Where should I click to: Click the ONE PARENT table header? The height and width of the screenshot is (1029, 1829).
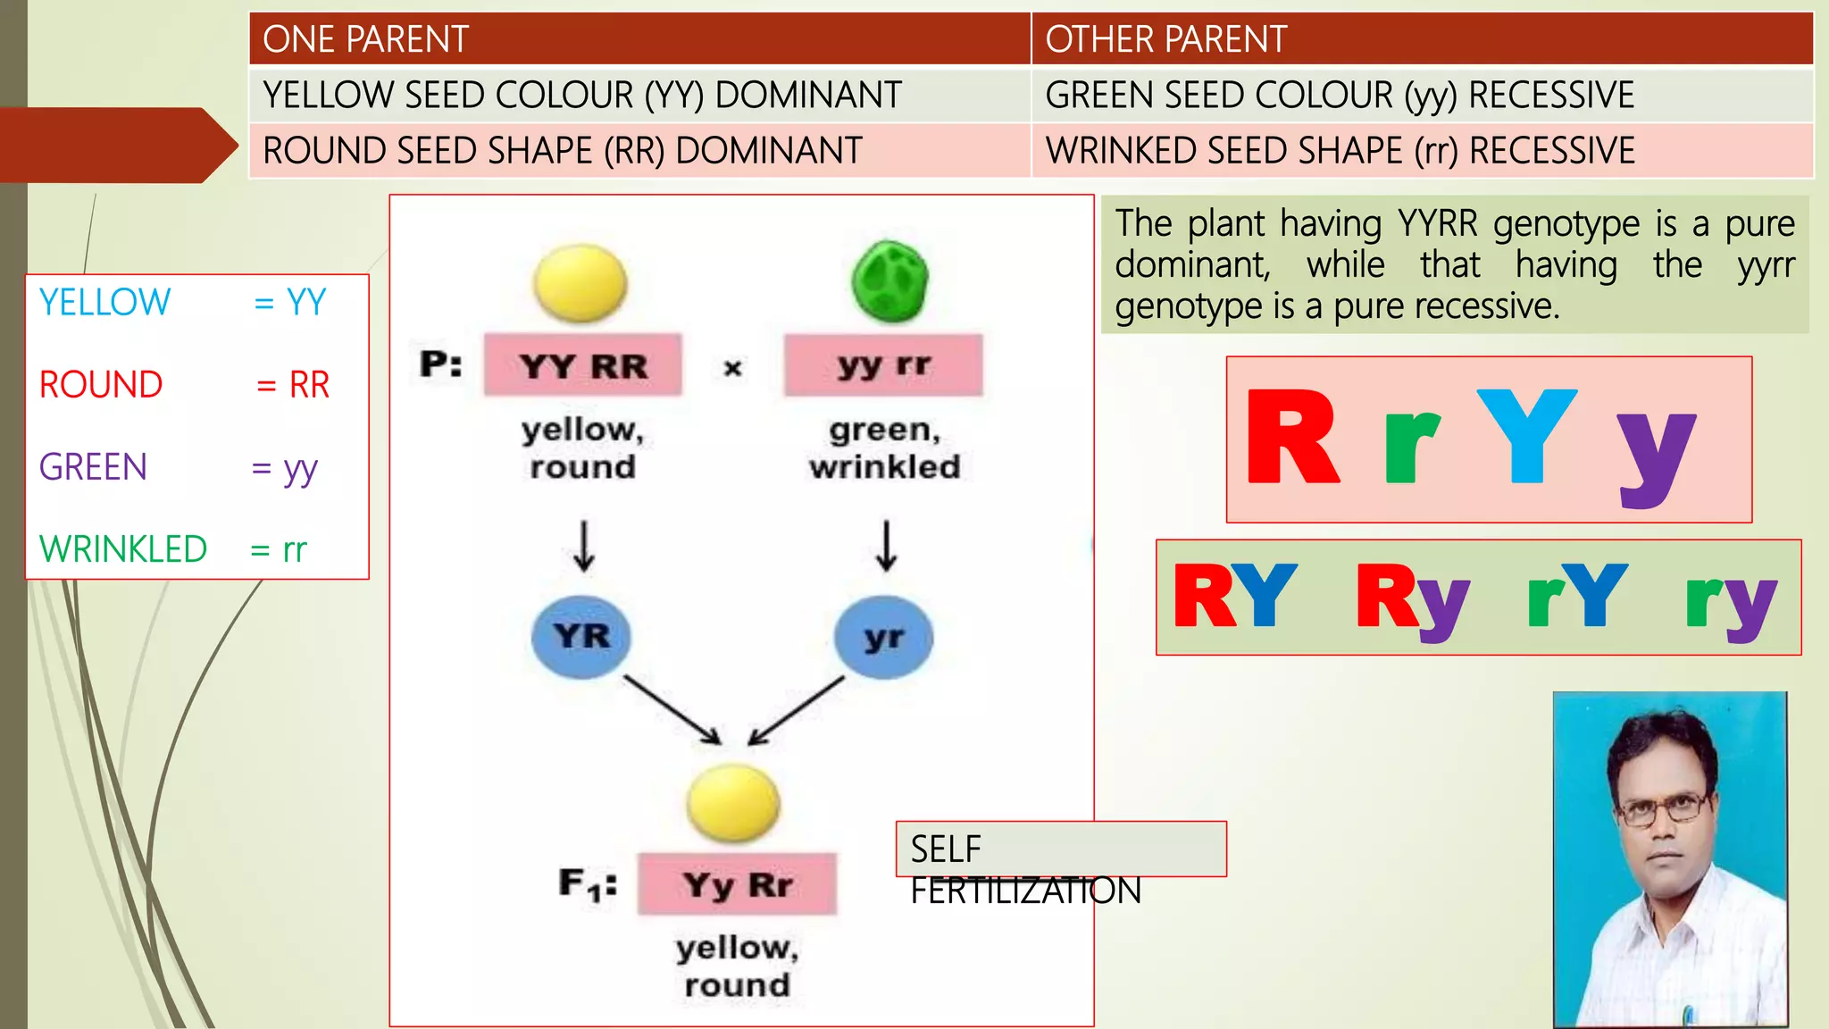(x=639, y=39)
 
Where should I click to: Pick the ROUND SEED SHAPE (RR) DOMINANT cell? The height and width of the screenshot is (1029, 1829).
(x=639, y=150)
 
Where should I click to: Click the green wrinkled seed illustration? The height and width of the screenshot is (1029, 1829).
(x=889, y=282)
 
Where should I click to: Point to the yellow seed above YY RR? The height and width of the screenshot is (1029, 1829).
(x=580, y=284)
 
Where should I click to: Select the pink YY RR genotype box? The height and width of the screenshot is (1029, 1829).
(x=582, y=365)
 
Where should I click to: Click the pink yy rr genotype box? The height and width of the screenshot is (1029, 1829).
(x=883, y=365)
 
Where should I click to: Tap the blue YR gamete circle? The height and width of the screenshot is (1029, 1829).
(x=581, y=637)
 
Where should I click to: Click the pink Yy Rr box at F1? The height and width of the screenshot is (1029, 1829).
(x=737, y=884)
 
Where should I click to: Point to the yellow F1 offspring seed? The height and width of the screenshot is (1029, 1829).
(x=733, y=803)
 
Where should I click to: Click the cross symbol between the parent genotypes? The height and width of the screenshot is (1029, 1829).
(x=732, y=367)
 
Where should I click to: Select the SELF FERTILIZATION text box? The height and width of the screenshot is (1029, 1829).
(x=1060, y=849)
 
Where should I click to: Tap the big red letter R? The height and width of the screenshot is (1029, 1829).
(x=1292, y=438)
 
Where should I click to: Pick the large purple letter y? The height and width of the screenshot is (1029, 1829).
(x=1656, y=456)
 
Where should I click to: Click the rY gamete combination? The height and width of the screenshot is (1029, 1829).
(x=1576, y=597)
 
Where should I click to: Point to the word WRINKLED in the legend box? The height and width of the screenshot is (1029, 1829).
(x=123, y=549)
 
